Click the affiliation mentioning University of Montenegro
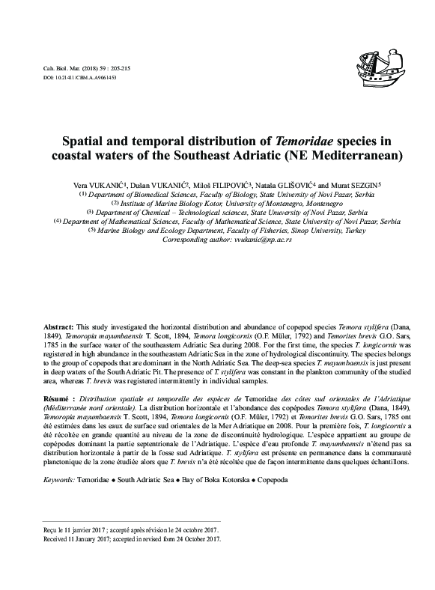[217, 204]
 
